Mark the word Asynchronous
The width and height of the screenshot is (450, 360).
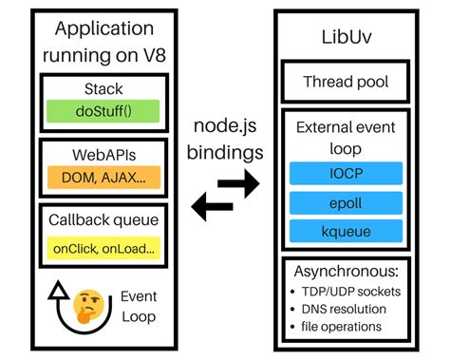point(347,274)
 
